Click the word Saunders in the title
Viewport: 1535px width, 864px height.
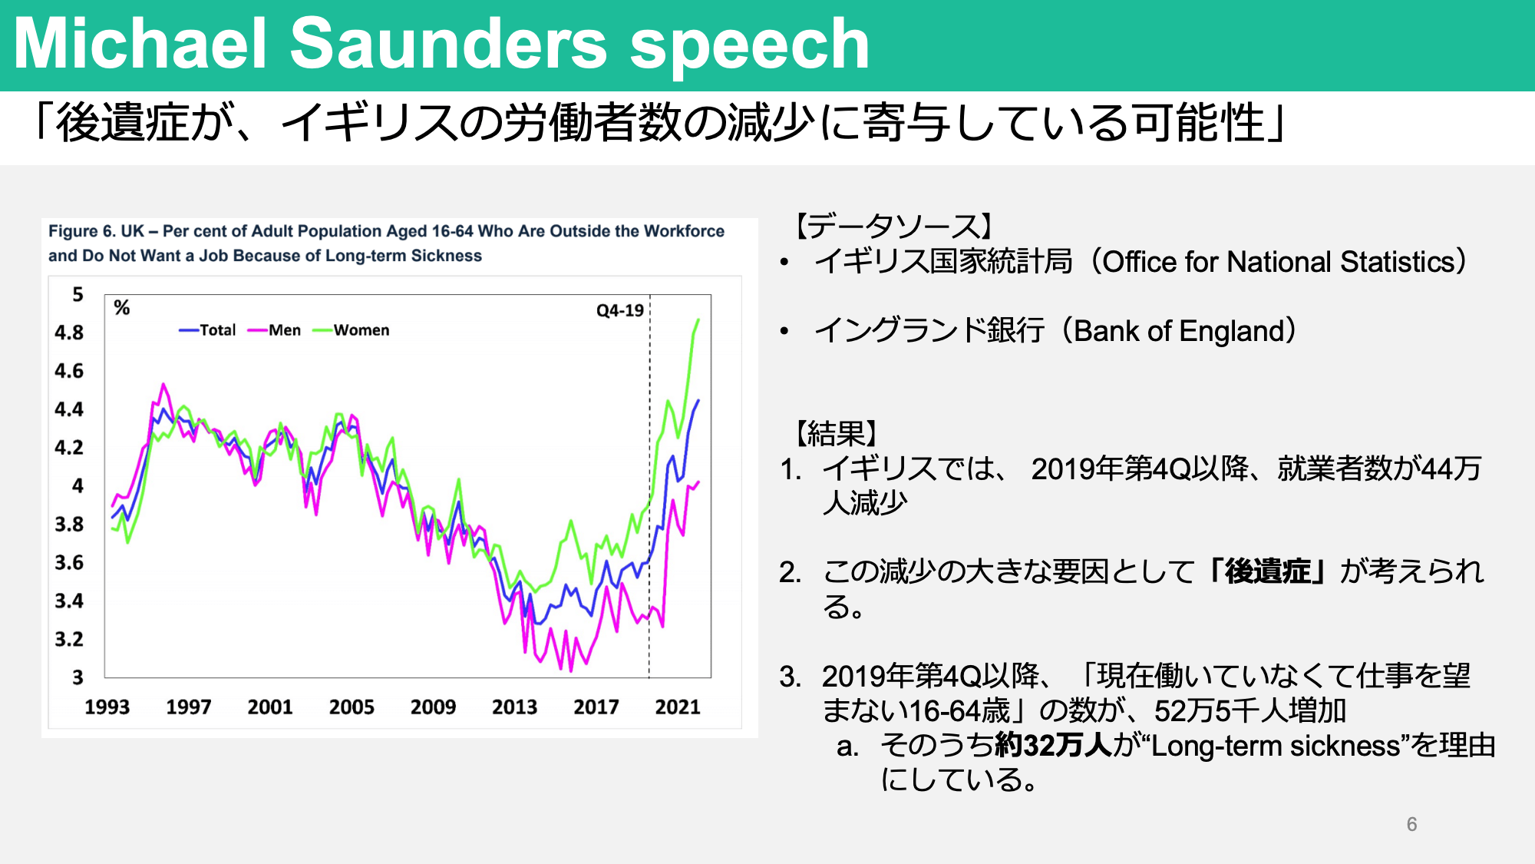click(x=449, y=44)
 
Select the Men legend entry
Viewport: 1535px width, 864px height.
click(x=274, y=330)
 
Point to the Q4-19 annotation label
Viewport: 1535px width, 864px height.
click(x=620, y=311)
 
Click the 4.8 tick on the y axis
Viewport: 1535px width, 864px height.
click(x=69, y=333)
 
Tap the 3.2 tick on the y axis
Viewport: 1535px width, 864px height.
click(x=69, y=639)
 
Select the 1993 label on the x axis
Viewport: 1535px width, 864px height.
click(x=107, y=707)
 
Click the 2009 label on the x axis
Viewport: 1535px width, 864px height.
click(x=434, y=707)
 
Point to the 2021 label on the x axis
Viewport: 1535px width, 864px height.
click(x=678, y=707)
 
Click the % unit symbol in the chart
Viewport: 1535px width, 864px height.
click(x=122, y=308)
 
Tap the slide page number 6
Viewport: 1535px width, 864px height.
click(x=1411, y=824)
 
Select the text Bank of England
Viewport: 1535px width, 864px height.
click(x=1178, y=331)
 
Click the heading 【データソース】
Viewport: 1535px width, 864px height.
click(x=894, y=226)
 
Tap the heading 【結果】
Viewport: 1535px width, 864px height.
click(x=837, y=434)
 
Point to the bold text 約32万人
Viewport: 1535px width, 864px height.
click(x=1053, y=746)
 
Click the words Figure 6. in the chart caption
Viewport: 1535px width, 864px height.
click(x=82, y=231)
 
